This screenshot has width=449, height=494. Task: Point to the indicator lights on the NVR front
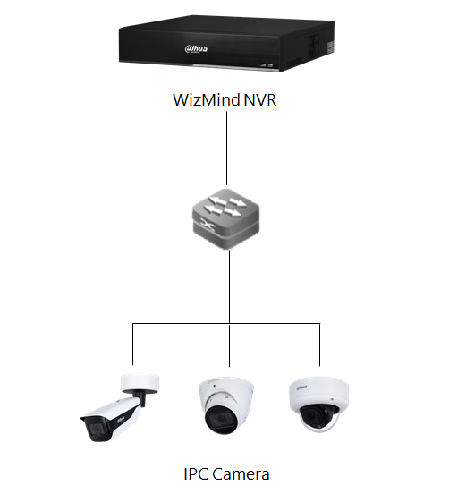click(x=265, y=64)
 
